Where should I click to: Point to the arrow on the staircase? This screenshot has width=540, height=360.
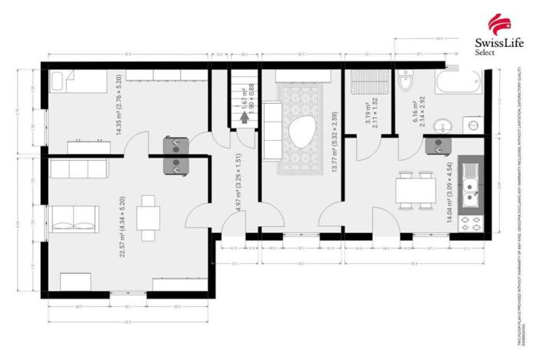(x=245, y=118)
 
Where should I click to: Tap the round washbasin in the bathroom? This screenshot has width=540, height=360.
(x=442, y=126)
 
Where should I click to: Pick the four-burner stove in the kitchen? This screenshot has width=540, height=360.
(x=469, y=223)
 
